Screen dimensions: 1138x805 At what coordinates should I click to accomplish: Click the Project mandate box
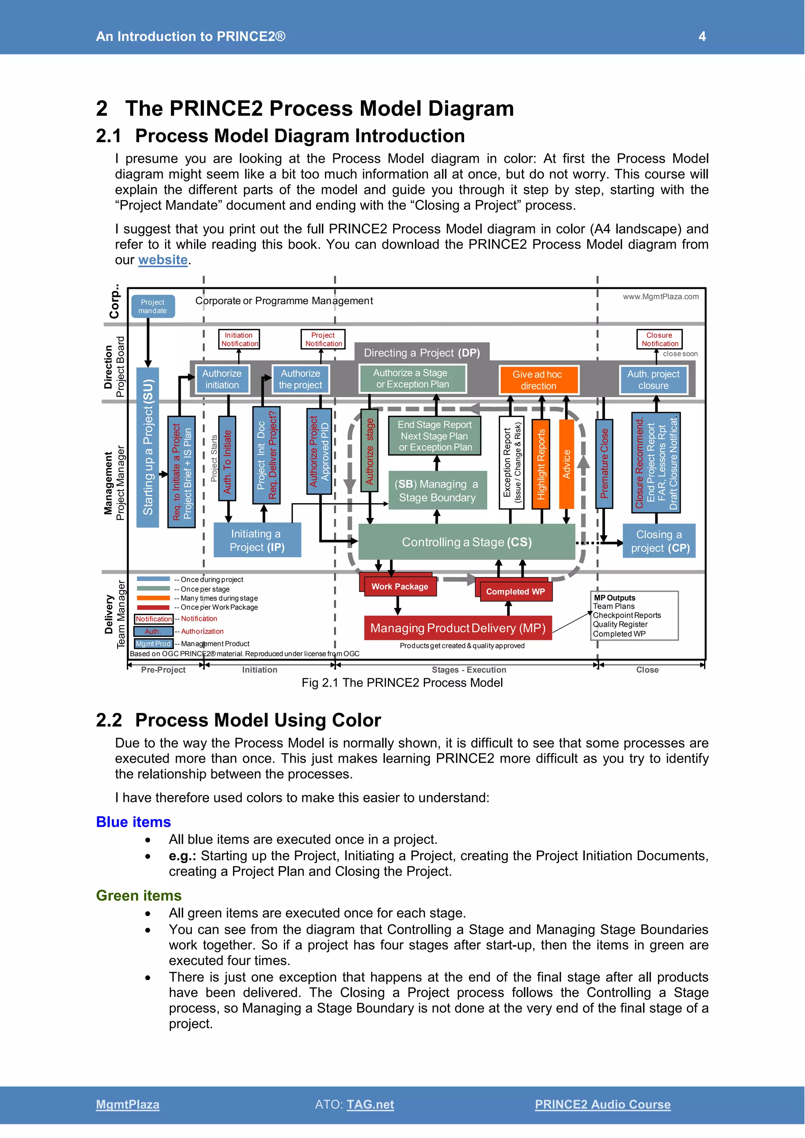click(x=153, y=306)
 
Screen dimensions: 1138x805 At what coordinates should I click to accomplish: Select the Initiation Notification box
click(x=239, y=339)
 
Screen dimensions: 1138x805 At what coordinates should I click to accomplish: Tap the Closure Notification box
click(x=659, y=339)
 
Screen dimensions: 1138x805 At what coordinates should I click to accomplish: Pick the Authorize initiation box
click(x=222, y=379)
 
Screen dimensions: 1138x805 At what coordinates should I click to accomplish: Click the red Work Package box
click(x=399, y=586)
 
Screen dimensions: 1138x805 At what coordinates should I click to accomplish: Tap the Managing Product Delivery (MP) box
click(x=458, y=628)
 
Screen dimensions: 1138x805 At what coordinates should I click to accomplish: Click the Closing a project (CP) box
click(x=659, y=541)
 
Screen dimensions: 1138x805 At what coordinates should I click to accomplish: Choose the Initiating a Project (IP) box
click(x=257, y=540)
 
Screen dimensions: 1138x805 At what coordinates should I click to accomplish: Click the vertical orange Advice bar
click(x=566, y=464)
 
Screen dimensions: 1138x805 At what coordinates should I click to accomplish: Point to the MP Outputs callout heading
click(x=615, y=598)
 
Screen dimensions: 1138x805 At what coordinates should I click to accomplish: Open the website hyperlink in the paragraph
click(x=163, y=260)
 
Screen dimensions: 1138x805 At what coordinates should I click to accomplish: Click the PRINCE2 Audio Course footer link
click(x=602, y=1104)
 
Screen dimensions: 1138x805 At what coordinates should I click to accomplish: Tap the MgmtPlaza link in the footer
click(x=127, y=1104)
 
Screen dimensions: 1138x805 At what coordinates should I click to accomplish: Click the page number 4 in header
click(x=702, y=36)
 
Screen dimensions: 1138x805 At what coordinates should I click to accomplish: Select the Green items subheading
click(x=139, y=895)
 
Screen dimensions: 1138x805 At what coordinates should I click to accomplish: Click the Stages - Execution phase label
click(x=469, y=670)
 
